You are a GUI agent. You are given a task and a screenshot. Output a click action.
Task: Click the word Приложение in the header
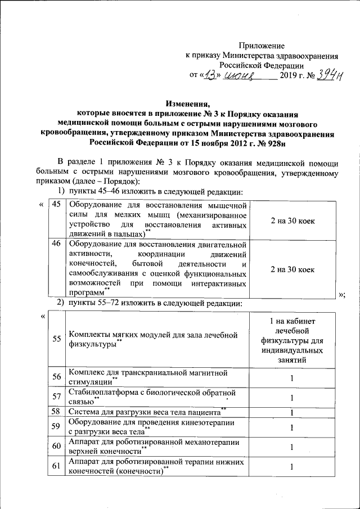[262, 45]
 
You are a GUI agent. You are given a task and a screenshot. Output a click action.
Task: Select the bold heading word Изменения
[187, 103]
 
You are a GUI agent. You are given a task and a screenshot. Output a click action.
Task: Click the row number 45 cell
[56, 204]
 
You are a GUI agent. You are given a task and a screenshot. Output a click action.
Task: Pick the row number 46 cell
[56, 244]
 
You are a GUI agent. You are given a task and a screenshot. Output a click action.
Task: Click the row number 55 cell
[56, 339]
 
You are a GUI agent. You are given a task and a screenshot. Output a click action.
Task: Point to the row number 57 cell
[56, 397]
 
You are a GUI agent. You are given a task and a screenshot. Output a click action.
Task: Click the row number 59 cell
[56, 427]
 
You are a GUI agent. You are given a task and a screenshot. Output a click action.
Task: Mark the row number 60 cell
[56, 447]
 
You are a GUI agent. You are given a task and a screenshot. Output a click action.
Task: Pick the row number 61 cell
[56, 466]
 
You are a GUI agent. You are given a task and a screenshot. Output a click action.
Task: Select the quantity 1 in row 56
[292, 378]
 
